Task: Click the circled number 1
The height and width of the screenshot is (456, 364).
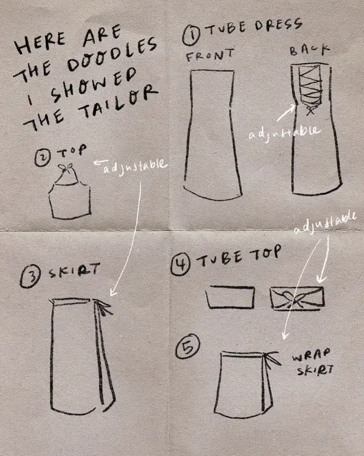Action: point(192,36)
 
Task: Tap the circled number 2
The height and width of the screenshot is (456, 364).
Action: point(43,158)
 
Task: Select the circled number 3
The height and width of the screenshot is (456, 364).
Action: point(30,276)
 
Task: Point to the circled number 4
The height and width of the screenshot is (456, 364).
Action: point(180,264)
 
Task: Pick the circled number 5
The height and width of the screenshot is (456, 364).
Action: point(188,347)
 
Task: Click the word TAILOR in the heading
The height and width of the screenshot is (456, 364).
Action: point(118,103)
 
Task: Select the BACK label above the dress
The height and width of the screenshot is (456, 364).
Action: point(310,50)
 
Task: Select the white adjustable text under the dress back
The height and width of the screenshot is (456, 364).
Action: point(284,132)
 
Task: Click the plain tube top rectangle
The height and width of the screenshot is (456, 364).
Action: point(230,297)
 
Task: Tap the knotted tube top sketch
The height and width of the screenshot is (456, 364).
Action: point(297,297)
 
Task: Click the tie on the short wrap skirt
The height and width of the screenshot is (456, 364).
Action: point(271,359)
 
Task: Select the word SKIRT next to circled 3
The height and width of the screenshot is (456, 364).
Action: point(74,270)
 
